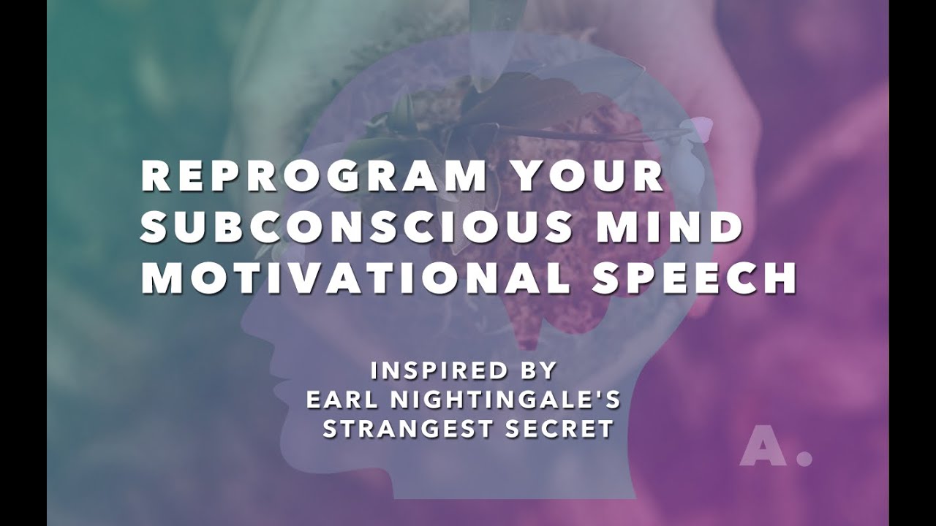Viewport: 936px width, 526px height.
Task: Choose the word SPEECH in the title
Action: pos(694,279)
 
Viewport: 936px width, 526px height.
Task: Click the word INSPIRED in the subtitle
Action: pos(439,371)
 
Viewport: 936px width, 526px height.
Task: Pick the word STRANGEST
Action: pos(412,429)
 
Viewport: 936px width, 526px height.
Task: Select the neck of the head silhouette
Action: pos(409,475)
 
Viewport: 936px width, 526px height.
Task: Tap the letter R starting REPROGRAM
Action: pos(154,178)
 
